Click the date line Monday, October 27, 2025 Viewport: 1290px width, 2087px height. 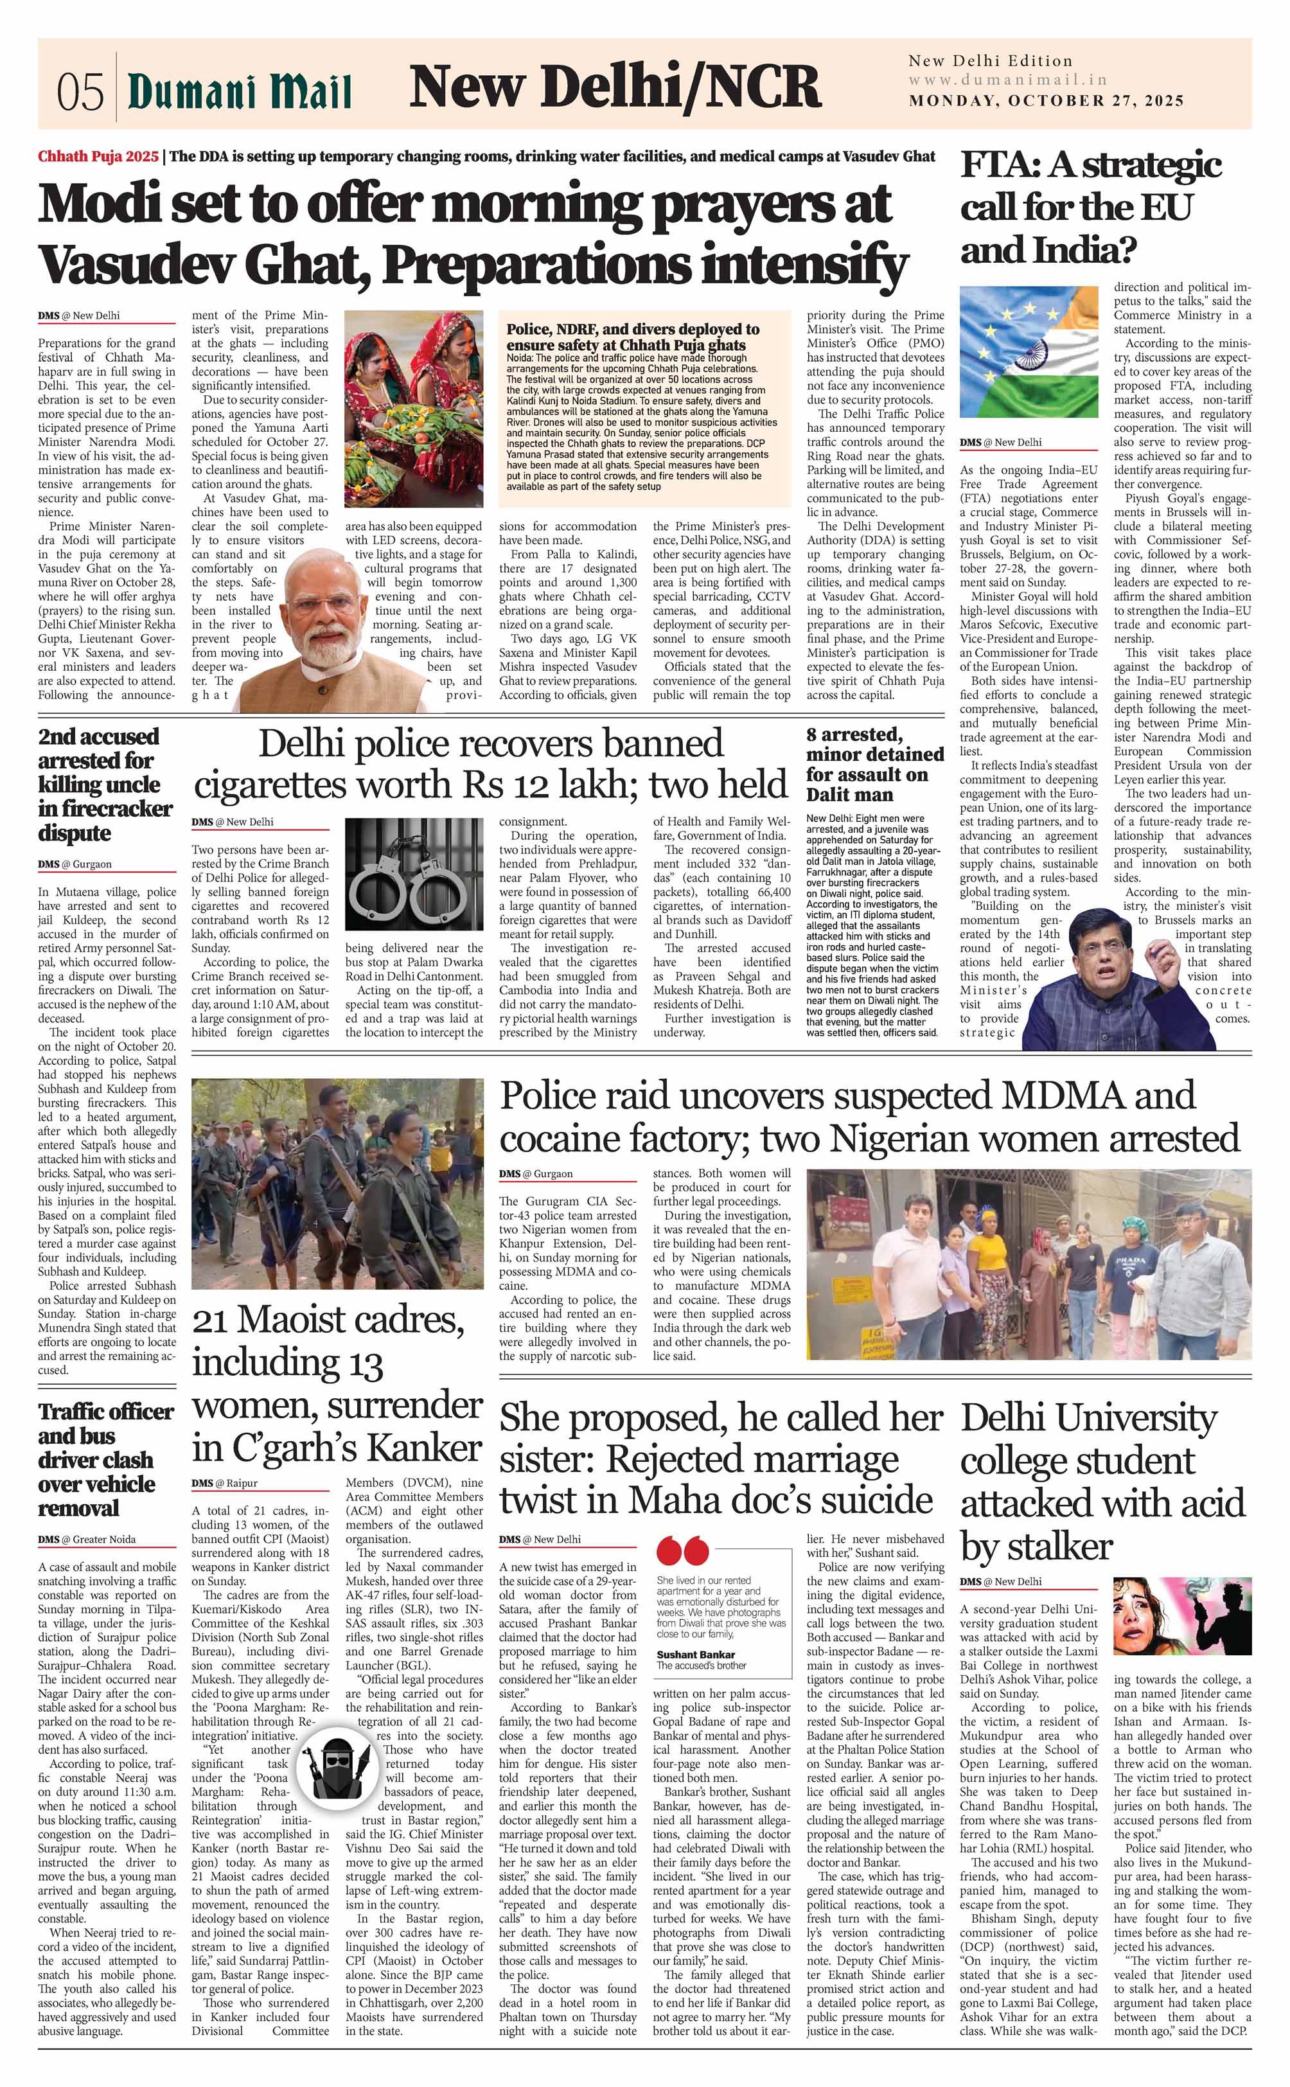point(1046,101)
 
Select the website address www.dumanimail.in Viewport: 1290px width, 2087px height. point(1007,80)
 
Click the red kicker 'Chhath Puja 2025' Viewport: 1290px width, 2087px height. point(98,157)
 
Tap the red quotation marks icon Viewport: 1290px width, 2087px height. point(682,1549)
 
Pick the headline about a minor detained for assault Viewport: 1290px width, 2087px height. point(874,765)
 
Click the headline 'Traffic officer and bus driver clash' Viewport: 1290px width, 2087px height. point(96,1459)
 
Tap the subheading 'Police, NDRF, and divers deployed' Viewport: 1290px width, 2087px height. point(632,336)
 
